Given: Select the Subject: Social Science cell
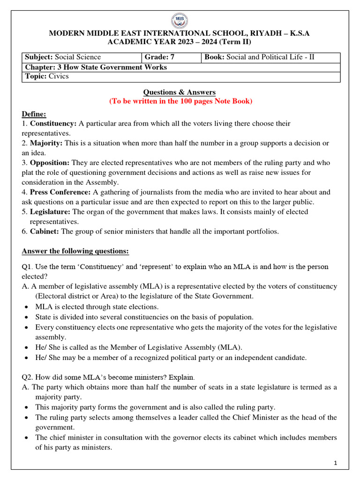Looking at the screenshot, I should click(82, 57).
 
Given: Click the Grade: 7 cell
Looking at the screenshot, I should click(172, 57).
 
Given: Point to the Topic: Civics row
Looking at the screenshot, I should click(181, 76).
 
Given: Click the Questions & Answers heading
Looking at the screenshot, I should click(180, 92).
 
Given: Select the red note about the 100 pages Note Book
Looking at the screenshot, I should click(181, 102).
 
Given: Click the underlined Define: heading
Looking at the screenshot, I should click(34, 114).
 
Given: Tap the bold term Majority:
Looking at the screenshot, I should click(46, 143).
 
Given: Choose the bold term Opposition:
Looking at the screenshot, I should click(50, 163).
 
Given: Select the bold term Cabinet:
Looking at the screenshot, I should click(45, 231).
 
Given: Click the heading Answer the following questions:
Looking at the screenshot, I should click(75, 251).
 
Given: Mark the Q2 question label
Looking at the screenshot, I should click(27, 377).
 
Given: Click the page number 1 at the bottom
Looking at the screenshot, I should click(336, 464).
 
